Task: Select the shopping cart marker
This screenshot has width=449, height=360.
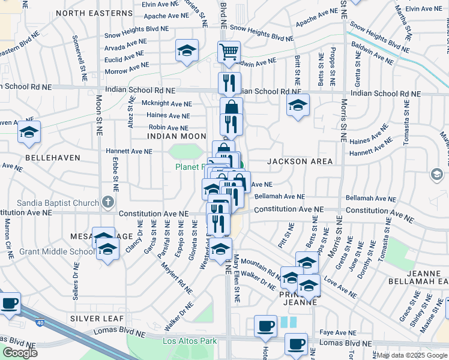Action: pos(229,52)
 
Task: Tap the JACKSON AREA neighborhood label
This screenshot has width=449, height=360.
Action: pos(292,161)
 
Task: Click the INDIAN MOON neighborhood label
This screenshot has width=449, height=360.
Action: pos(169,137)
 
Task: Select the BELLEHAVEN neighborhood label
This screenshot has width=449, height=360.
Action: pos(49,157)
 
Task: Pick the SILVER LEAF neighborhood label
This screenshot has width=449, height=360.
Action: pos(97,317)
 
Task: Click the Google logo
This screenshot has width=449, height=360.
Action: pos(19,353)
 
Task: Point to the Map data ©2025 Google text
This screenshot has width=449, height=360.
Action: pos(412,355)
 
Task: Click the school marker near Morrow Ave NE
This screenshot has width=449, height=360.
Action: pos(187,51)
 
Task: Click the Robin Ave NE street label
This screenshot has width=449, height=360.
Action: pos(169,128)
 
